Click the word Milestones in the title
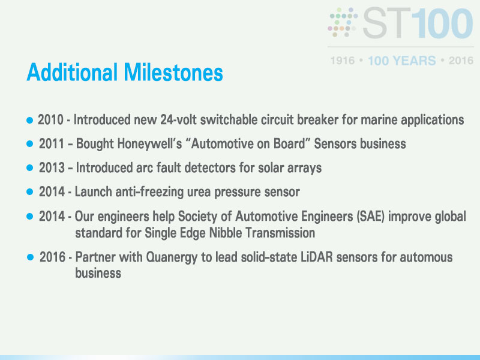pos(173,72)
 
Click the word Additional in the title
pos(72,72)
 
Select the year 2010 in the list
pos(50,119)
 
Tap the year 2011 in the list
pos(52,143)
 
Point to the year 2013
pos(52,168)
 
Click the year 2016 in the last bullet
pos(52,257)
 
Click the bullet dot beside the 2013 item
pos(29,168)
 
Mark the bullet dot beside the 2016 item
pos(31,257)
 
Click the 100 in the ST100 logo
pos(442,23)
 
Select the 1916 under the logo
pos(343,61)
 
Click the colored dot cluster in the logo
pos(343,22)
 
